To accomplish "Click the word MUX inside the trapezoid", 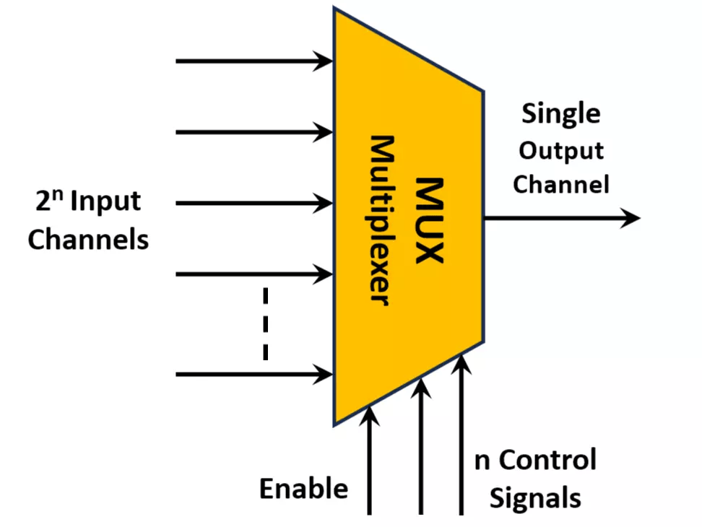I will click(x=430, y=219).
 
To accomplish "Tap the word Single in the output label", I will click(x=560, y=114).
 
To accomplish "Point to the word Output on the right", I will click(x=561, y=150).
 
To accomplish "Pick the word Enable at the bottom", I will click(x=303, y=489).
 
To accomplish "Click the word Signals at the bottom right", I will click(x=535, y=498).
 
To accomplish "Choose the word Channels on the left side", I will click(x=88, y=239).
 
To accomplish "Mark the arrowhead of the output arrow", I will click(x=630, y=217).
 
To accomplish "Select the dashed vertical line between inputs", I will click(x=266, y=323).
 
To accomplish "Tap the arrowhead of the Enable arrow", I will click(x=370, y=414).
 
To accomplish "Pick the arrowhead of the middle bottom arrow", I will click(x=421, y=390).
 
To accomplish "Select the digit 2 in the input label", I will click(x=45, y=202).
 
